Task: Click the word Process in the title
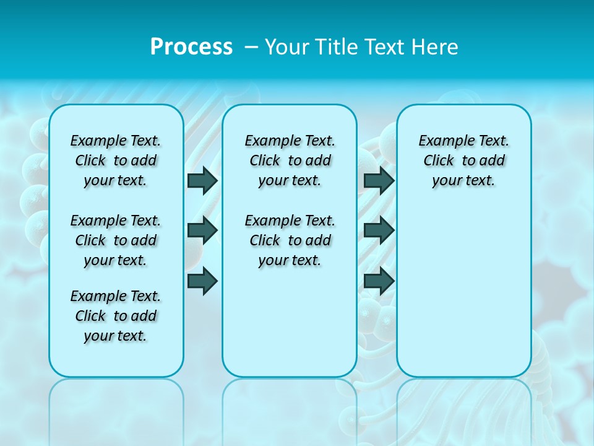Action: point(191,47)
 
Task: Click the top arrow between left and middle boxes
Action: point(202,180)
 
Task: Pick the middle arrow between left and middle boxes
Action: point(202,230)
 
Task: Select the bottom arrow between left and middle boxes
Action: point(202,281)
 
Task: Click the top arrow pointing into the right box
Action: point(379,180)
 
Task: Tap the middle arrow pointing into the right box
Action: point(379,230)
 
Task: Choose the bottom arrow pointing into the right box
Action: point(379,281)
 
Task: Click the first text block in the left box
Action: point(116,160)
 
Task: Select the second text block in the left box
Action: point(116,240)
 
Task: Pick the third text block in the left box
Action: point(116,316)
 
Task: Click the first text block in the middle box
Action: point(290,160)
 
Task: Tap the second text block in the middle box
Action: point(290,240)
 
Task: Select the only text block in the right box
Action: point(463,160)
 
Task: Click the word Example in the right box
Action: point(442,141)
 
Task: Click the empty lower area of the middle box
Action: point(290,322)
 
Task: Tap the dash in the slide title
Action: point(252,47)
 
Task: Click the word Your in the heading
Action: point(286,47)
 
